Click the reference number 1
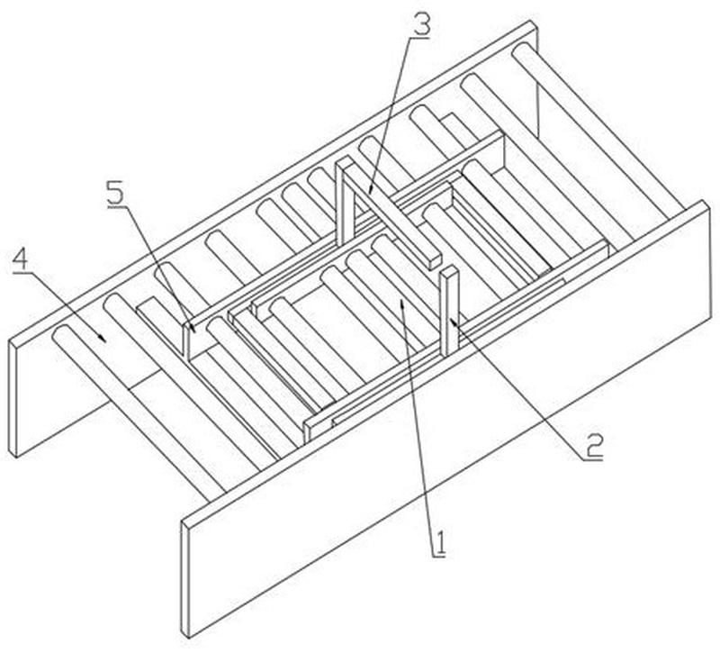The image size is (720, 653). pos(440,543)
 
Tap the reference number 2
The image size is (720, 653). pos(593,446)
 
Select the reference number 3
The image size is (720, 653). pos(422,26)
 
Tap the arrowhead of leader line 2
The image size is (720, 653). pos(454,322)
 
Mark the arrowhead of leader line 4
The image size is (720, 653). pos(103,338)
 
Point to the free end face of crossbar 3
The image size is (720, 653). pos(435,263)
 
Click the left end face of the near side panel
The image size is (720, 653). pos(185,579)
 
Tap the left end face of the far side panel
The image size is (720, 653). pos(13,398)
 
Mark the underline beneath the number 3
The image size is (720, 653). pos(418,39)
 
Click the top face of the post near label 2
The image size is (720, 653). pos(449,271)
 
